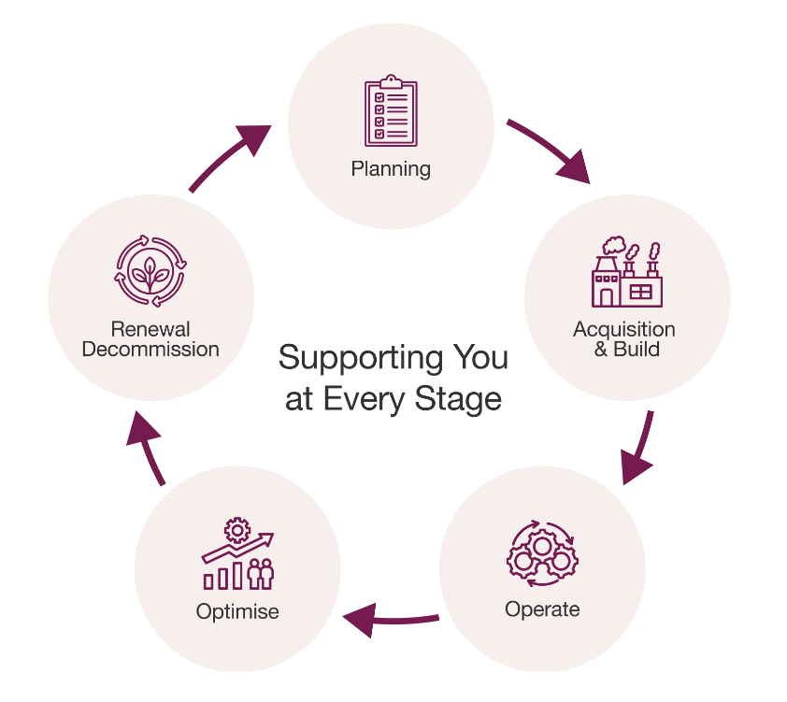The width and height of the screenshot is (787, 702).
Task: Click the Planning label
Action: click(391, 169)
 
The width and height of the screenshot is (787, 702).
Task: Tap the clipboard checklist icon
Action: click(391, 111)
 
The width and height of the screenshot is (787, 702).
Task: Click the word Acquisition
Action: click(623, 330)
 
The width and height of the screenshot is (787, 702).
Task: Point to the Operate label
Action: click(542, 609)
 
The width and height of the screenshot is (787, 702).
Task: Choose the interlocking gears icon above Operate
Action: click(542, 553)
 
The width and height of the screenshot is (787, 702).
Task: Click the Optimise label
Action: click(237, 612)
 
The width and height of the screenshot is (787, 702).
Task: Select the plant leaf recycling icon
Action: click(150, 272)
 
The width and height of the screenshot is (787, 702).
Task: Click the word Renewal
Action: click(150, 329)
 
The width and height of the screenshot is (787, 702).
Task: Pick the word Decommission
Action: click(150, 350)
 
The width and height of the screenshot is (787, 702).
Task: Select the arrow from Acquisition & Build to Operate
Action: click(638, 449)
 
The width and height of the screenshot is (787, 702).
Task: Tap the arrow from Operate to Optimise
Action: click(391, 618)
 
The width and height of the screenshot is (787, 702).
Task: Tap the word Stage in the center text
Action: click(462, 399)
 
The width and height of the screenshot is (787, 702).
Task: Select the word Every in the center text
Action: click(367, 399)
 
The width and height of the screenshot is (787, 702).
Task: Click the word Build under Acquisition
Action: click(637, 350)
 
